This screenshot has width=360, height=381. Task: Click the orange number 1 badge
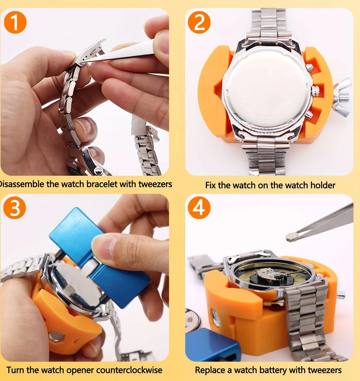(15, 22)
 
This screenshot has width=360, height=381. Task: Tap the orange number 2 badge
(199, 22)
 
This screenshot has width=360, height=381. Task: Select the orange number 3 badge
(15, 208)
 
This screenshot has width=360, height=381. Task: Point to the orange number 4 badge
(199, 208)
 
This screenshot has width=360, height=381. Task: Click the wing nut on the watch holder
(342, 97)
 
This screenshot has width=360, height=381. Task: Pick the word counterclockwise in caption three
(129, 370)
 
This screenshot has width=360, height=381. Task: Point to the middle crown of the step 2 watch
(315, 91)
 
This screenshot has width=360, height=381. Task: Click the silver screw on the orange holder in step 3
(56, 337)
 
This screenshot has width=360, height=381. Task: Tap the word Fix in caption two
(210, 185)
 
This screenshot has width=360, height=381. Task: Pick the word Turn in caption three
(15, 370)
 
